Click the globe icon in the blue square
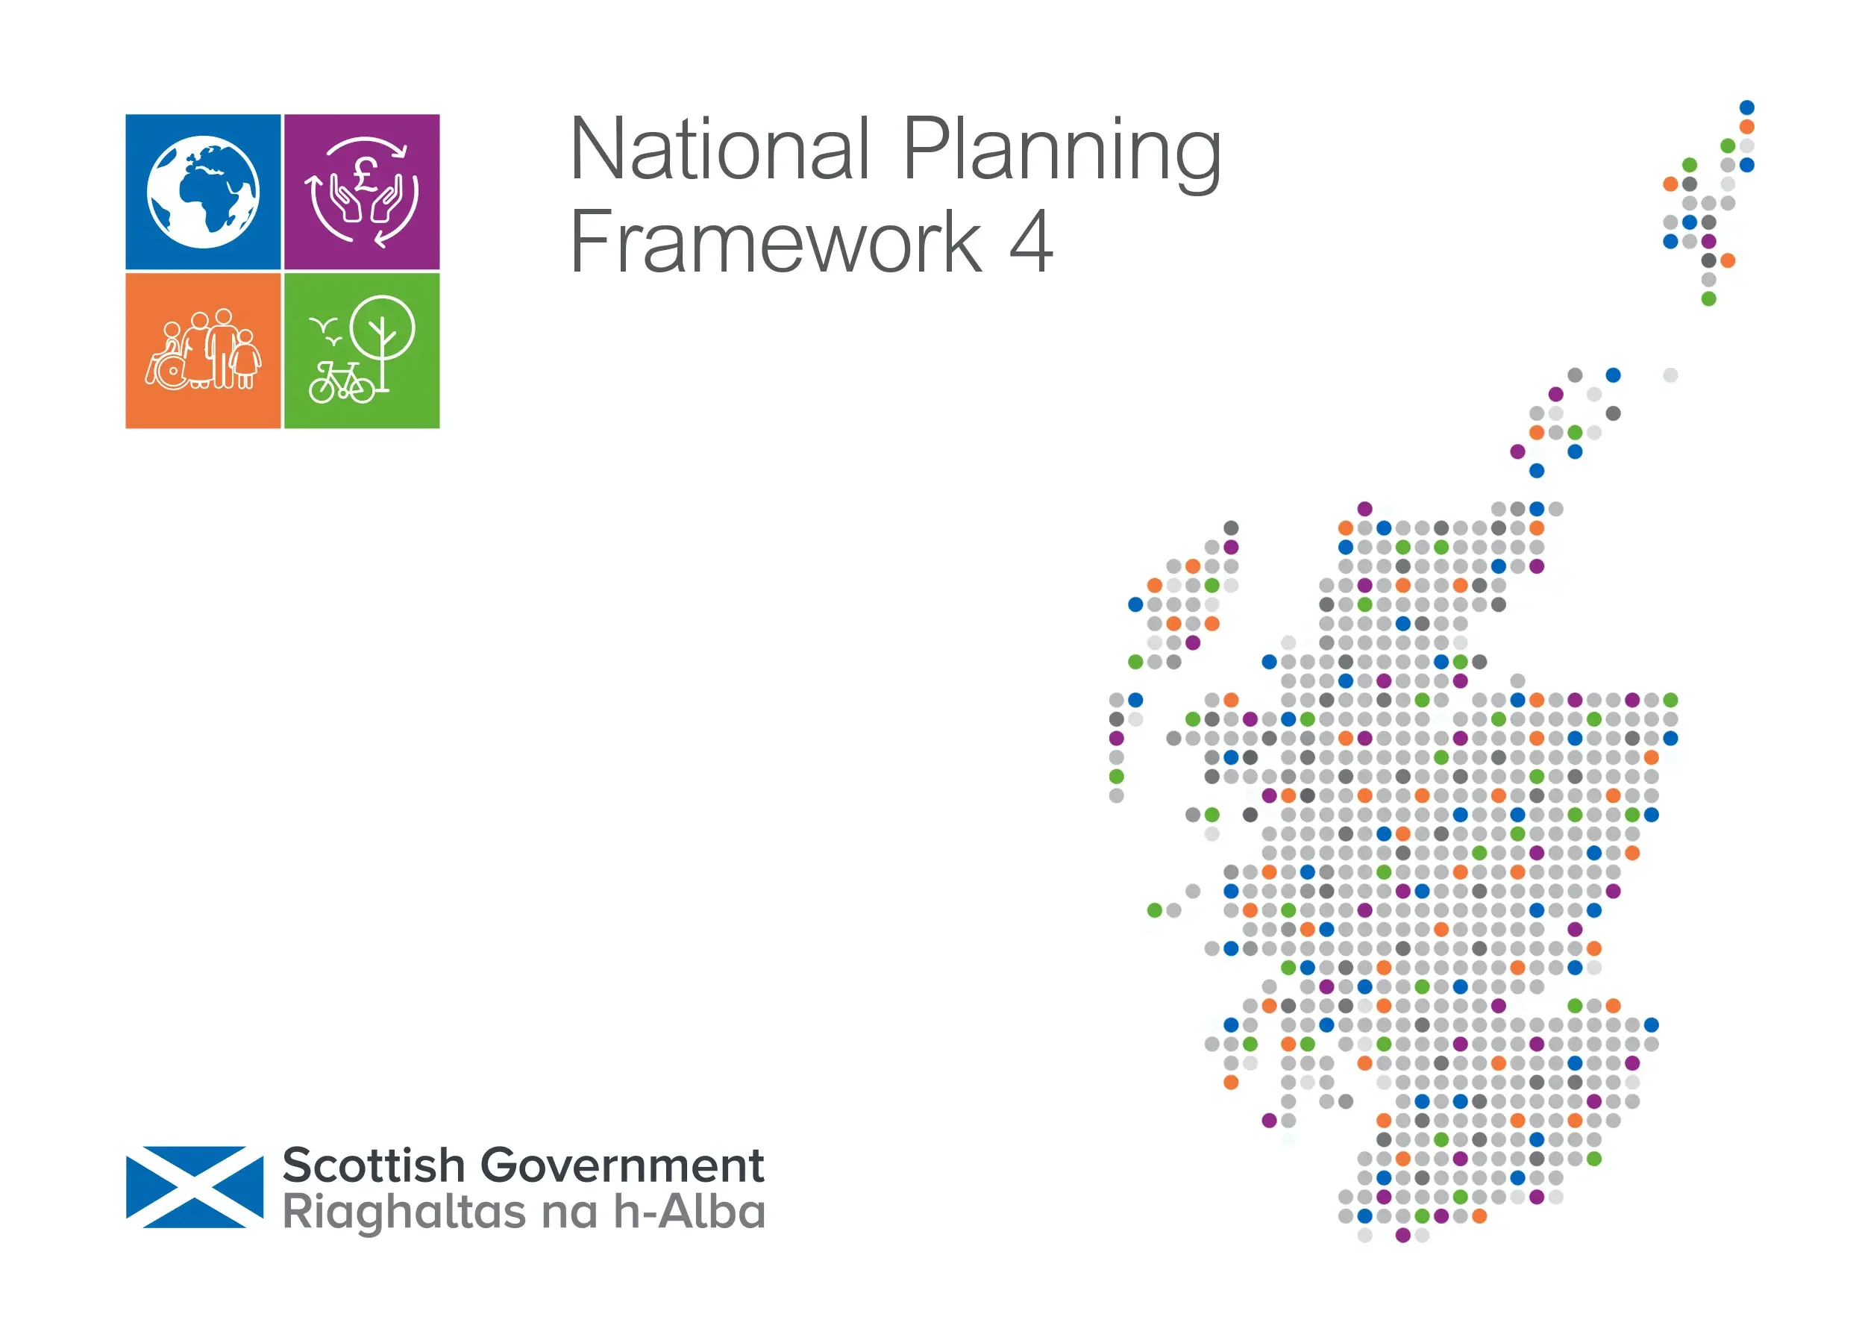point(203,192)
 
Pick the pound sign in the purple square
point(365,172)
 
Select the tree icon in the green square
point(383,337)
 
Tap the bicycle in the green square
point(340,383)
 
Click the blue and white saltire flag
point(195,1187)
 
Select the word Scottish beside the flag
point(374,1165)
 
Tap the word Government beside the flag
point(621,1165)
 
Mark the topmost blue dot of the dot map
point(1746,107)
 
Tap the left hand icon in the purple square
point(345,200)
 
